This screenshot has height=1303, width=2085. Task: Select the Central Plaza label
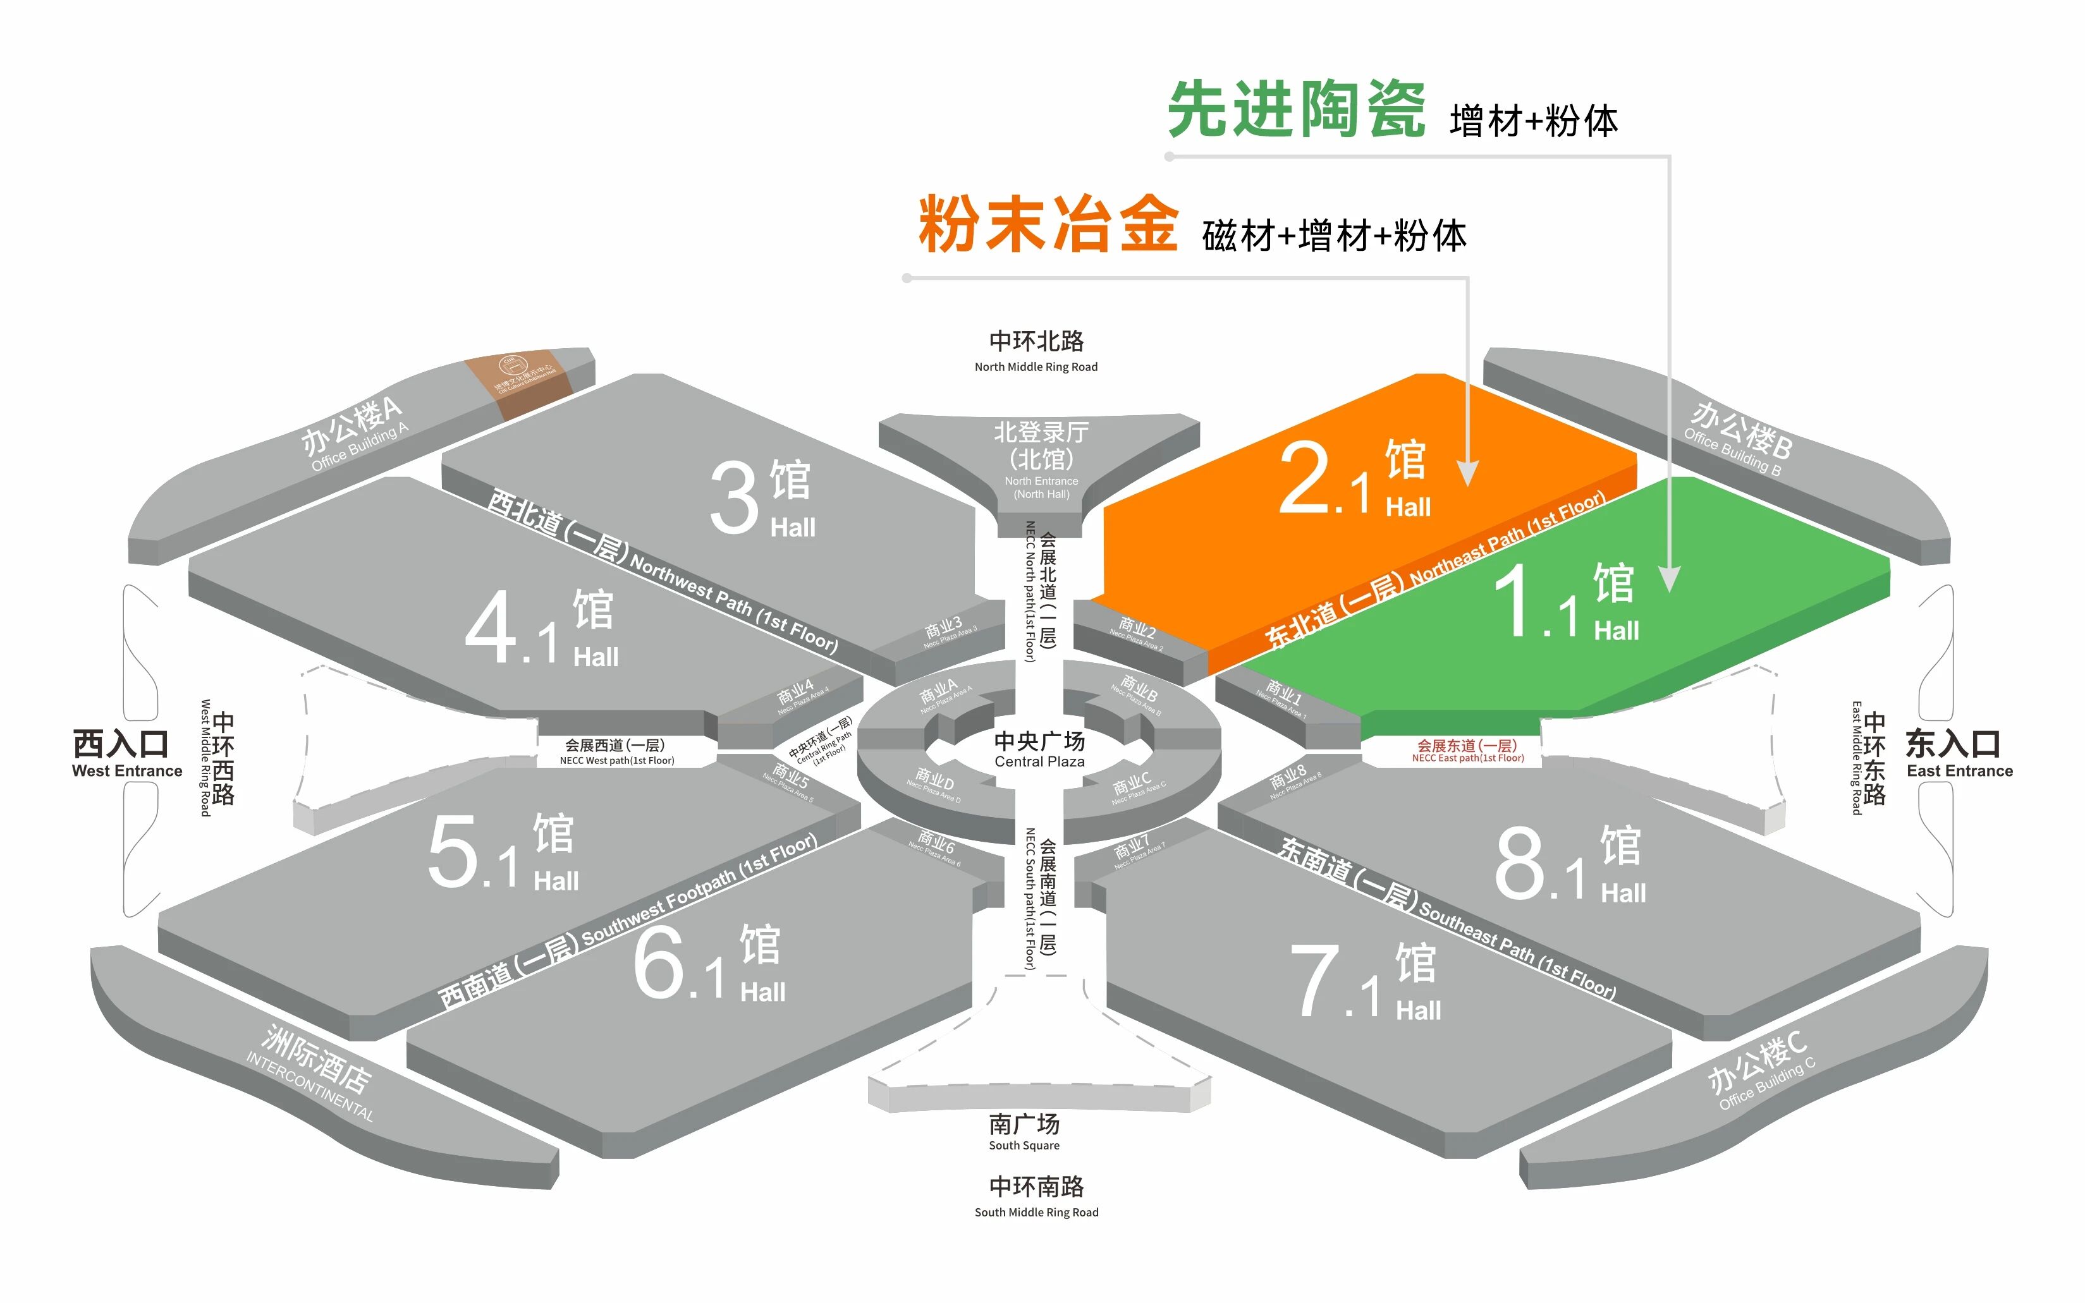(x=1039, y=749)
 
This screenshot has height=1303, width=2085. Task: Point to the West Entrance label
(x=126, y=753)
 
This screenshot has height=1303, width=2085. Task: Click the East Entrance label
(x=1959, y=753)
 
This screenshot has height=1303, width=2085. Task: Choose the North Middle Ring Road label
(x=1036, y=351)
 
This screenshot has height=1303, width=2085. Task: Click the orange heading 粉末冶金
(x=1047, y=224)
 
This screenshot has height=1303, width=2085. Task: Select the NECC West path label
(x=616, y=751)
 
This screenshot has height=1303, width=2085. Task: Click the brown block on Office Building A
(x=519, y=385)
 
